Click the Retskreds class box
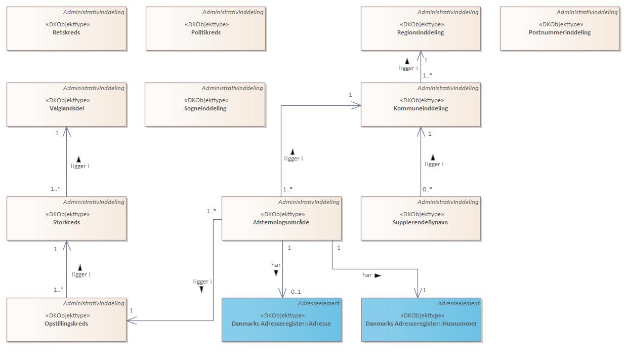coord(66,29)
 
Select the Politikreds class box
coord(205,29)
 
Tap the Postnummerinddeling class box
coord(560,29)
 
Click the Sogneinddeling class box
coord(204,105)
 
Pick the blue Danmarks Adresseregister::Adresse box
coord(281,320)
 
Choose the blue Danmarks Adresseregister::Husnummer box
coord(421,320)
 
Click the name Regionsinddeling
coord(421,32)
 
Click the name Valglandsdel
coord(67,108)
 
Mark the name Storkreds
coord(67,222)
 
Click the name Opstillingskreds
coord(66,324)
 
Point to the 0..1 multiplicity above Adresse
coord(296,292)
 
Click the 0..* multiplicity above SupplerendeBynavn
coord(428,189)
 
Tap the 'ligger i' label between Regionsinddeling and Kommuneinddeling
coord(408,68)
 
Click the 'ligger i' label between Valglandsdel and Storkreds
coord(80,166)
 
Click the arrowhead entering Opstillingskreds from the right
coord(131,321)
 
